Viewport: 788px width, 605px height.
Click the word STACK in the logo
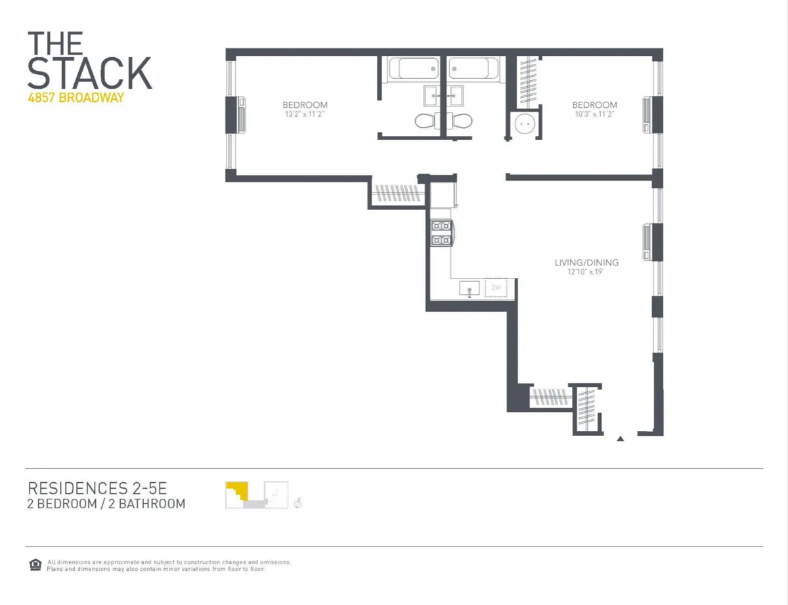(89, 73)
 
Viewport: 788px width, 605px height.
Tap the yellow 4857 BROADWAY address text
(76, 98)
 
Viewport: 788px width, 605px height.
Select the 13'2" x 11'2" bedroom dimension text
(305, 114)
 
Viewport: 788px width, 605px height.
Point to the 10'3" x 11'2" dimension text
(594, 114)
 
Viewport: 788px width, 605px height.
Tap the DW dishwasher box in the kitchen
(494, 287)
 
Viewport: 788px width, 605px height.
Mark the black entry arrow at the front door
(620, 437)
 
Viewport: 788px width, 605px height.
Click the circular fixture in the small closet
(523, 123)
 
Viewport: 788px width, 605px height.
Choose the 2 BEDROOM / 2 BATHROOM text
(106, 504)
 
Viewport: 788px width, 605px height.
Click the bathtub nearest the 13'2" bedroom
(412, 69)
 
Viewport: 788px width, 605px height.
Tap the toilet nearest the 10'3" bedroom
(462, 121)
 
